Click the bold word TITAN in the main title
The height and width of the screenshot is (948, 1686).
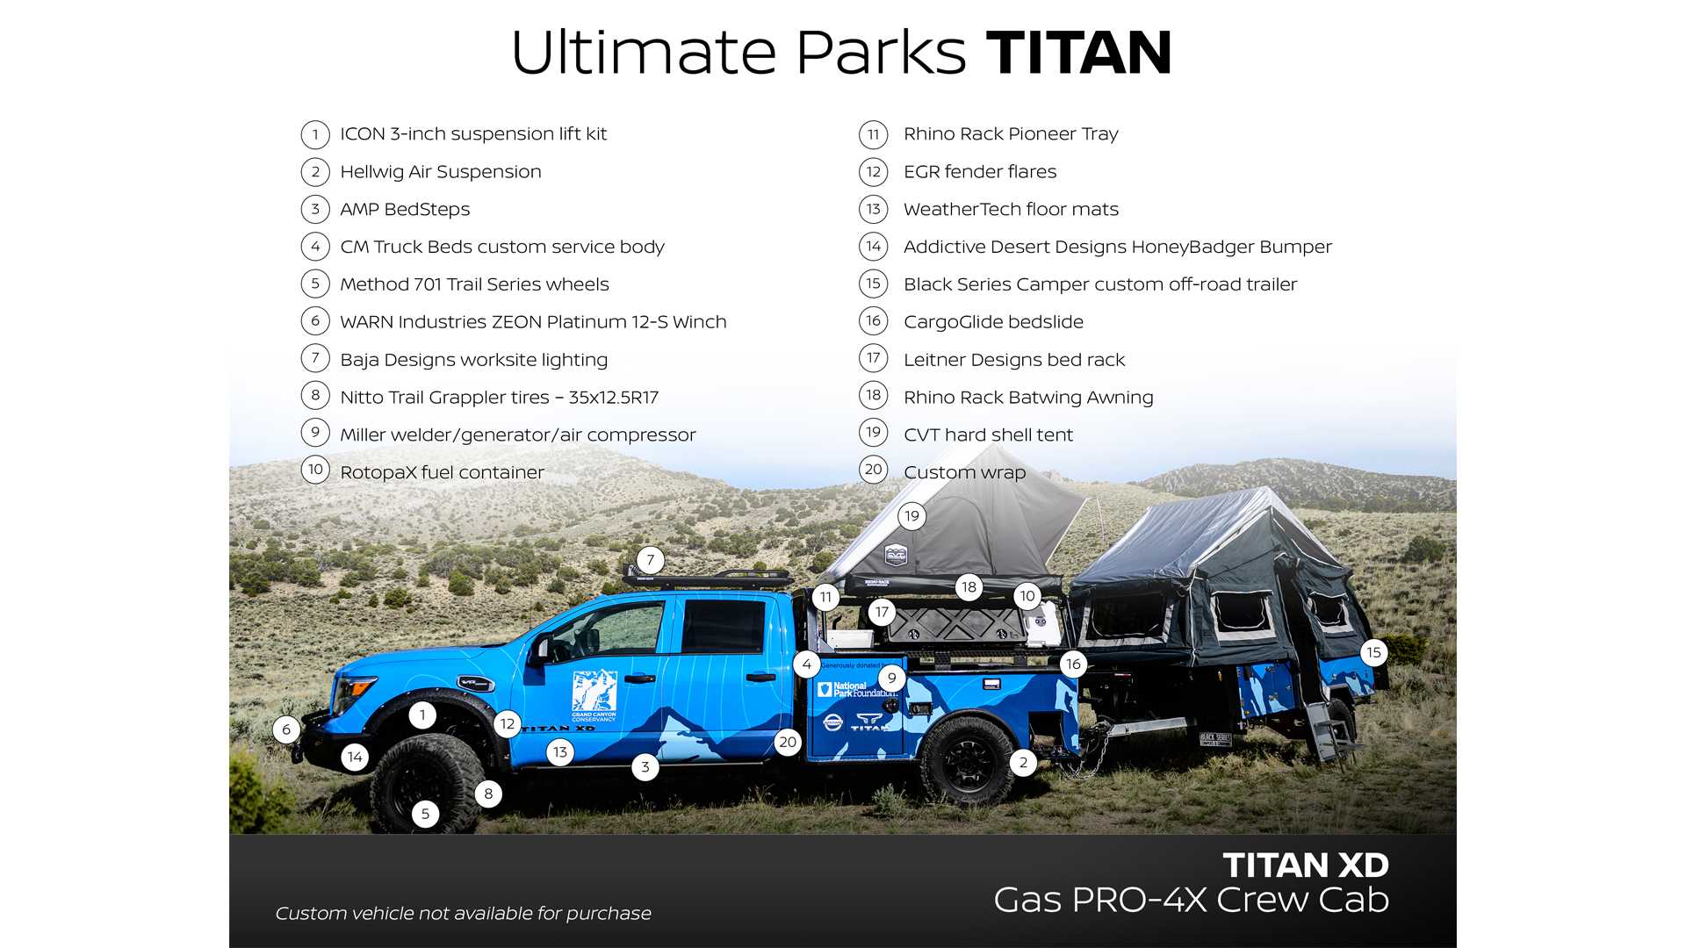click(1079, 53)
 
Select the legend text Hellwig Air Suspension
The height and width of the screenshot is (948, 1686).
click(441, 172)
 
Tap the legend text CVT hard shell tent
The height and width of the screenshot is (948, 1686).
click(988, 434)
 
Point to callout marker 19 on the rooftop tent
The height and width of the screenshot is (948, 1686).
click(911, 516)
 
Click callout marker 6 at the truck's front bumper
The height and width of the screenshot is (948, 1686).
click(286, 729)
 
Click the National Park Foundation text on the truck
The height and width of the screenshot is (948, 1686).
click(863, 690)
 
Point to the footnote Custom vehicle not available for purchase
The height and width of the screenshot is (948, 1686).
click(464, 914)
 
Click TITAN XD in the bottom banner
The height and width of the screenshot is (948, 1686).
click(1306, 865)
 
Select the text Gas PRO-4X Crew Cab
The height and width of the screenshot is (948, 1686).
click(1192, 901)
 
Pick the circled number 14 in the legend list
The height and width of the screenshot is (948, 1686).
click(873, 247)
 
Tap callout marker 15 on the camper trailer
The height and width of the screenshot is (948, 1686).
click(1373, 652)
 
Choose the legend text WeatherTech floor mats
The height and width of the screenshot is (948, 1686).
click(1011, 210)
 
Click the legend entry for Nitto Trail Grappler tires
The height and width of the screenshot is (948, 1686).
click(499, 398)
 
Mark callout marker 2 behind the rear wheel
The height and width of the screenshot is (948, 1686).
click(1023, 763)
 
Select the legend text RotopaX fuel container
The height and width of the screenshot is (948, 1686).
click(442, 472)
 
